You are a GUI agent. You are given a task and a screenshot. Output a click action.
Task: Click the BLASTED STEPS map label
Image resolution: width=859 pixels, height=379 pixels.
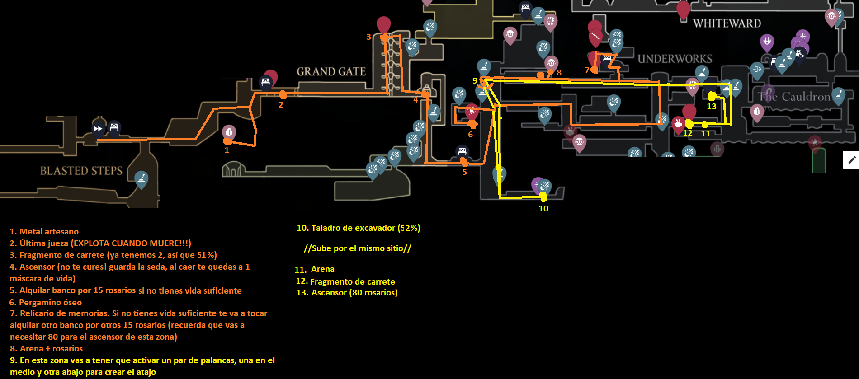(x=81, y=171)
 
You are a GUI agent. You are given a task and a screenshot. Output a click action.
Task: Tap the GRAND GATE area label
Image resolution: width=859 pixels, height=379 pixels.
(x=331, y=72)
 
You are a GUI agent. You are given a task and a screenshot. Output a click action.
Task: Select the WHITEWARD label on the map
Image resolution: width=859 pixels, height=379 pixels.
(x=727, y=23)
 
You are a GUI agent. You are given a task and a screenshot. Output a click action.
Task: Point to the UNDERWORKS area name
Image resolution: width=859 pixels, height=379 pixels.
(x=675, y=59)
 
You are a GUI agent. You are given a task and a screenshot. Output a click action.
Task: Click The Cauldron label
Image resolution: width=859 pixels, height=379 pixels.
(x=794, y=97)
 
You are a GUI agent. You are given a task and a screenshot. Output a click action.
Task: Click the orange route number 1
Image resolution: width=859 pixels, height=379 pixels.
(x=227, y=150)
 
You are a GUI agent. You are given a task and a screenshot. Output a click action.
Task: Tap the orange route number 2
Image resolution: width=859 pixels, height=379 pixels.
(x=281, y=105)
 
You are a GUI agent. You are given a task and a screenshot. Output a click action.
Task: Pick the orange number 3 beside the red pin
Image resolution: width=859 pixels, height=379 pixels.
(x=368, y=37)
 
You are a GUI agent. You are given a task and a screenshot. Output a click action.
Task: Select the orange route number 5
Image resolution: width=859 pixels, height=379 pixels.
(x=464, y=172)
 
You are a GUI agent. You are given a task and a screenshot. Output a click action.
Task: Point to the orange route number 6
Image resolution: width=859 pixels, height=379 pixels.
(x=470, y=135)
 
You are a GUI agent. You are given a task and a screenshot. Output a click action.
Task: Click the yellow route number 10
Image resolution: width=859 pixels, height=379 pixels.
(x=543, y=209)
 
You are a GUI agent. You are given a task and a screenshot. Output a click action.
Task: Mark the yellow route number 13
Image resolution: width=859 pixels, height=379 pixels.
(x=712, y=107)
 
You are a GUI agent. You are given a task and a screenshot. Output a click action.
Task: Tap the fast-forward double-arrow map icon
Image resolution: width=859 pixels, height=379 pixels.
(x=98, y=129)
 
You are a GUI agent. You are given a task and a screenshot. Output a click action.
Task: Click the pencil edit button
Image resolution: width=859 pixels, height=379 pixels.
(x=852, y=160)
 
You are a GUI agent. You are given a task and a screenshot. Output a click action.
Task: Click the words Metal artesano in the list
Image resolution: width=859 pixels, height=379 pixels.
(x=49, y=232)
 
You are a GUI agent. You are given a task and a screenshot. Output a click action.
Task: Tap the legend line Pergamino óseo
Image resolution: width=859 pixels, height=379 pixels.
(x=50, y=303)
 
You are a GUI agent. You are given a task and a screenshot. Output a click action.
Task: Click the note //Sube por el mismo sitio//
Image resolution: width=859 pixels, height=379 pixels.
(x=357, y=248)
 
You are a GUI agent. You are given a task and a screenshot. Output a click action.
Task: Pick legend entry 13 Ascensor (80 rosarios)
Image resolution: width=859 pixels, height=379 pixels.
(x=347, y=293)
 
